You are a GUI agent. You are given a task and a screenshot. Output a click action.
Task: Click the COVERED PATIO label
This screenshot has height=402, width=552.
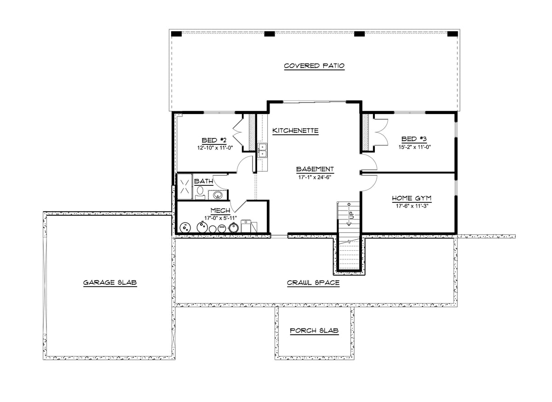(x=314, y=66)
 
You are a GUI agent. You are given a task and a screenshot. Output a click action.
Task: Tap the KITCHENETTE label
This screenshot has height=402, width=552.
(x=295, y=131)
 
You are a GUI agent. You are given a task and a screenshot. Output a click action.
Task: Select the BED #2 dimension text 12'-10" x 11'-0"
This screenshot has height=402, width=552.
(x=215, y=148)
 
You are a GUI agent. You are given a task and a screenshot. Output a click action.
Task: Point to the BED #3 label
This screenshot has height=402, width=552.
(x=414, y=139)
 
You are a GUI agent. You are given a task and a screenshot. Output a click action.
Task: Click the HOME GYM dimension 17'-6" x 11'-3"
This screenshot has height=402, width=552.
(x=412, y=206)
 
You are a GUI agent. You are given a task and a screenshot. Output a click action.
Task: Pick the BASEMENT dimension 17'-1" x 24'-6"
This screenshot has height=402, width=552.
(x=315, y=177)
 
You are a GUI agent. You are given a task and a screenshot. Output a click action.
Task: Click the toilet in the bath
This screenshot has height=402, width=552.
(x=200, y=193)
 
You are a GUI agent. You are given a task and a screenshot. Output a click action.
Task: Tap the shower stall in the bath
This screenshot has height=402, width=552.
(x=185, y=186)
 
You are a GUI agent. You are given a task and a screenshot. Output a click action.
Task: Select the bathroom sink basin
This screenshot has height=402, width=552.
(x=218, y=195)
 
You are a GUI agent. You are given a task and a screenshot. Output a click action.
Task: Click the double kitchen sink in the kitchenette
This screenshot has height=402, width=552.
(x=262, y=150)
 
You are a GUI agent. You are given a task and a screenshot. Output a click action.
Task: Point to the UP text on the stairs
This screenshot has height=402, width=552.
(x=351, y=215)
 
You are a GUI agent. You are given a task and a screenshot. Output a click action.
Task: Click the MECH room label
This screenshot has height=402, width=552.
(x=220, y=211)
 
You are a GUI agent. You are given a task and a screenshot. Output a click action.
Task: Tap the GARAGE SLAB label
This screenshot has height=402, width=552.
(x=110, y=282)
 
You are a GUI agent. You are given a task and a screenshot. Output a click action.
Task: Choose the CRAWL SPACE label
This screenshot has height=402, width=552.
(x=313, y=283)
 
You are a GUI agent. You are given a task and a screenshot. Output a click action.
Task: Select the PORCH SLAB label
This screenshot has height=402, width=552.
(x=314, y=331)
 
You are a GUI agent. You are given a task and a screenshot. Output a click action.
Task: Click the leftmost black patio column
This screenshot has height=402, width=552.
(x=176, y=34)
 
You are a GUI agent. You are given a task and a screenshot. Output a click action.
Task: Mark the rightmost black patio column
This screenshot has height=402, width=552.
(x=453, y=34)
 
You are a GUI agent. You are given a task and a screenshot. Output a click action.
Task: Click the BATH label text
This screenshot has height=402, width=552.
(x=203, y=181)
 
